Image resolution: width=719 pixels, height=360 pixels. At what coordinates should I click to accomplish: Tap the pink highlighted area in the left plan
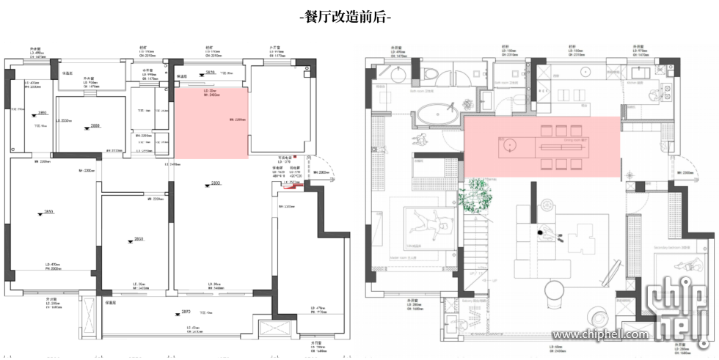click(211, 122)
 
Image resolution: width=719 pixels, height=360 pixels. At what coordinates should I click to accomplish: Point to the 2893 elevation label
click(185, 313)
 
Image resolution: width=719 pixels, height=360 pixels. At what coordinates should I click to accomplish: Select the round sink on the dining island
click(509, 147)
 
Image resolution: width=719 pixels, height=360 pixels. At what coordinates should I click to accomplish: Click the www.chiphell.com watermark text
click(601, 334)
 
